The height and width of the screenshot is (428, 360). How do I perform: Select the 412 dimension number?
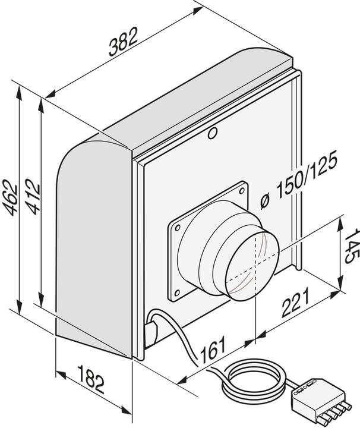click(x=32, y=197)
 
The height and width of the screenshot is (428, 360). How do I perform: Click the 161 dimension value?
click(x=211, y=351)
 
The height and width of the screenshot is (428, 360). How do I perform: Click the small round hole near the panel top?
click(x=213, y=134)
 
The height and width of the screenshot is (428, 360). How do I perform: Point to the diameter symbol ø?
click(x=266, y=200)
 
